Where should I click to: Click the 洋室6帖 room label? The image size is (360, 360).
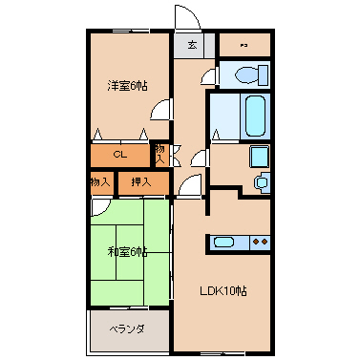126,85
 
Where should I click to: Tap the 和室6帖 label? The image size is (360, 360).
126,252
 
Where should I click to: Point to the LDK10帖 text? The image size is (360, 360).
222,291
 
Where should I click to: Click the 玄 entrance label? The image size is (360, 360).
192,44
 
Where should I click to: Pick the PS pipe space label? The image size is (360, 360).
244,45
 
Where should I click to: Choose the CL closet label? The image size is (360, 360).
120,154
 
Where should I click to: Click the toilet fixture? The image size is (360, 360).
249,74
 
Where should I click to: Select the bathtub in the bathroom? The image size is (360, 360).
255,115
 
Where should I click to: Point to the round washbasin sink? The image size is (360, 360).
261,181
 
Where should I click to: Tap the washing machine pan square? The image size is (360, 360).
259,157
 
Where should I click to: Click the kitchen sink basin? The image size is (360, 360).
227,243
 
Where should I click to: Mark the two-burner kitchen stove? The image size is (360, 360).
259,243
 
